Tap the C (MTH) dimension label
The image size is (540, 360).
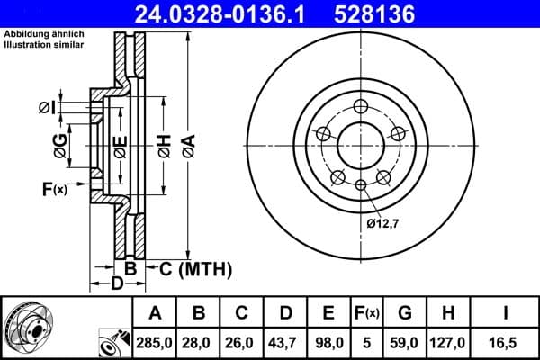195,268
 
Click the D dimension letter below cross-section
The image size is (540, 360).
116,284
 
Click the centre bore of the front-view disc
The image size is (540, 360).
361,144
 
